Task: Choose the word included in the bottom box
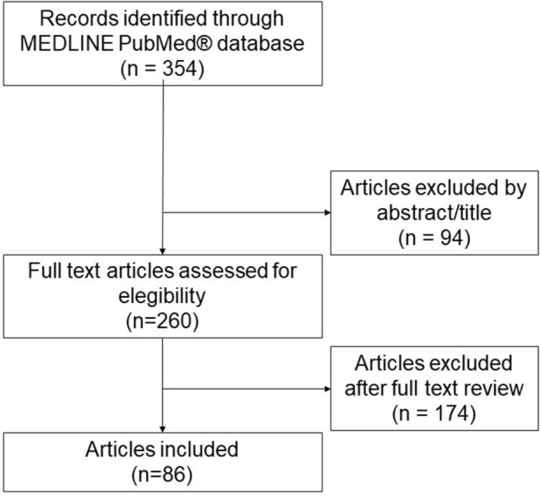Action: point(202,448)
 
